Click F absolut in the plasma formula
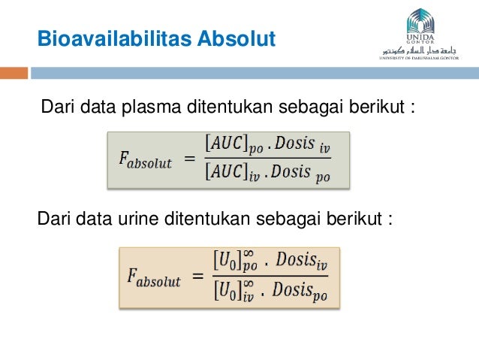pos(146,161)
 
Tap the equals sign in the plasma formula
pos(190,159)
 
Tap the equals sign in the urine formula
pos(197,278)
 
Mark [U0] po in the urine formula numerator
pos(236,263)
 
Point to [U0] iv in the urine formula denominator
pos(236,292)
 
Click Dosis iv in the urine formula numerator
pos(302,263)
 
